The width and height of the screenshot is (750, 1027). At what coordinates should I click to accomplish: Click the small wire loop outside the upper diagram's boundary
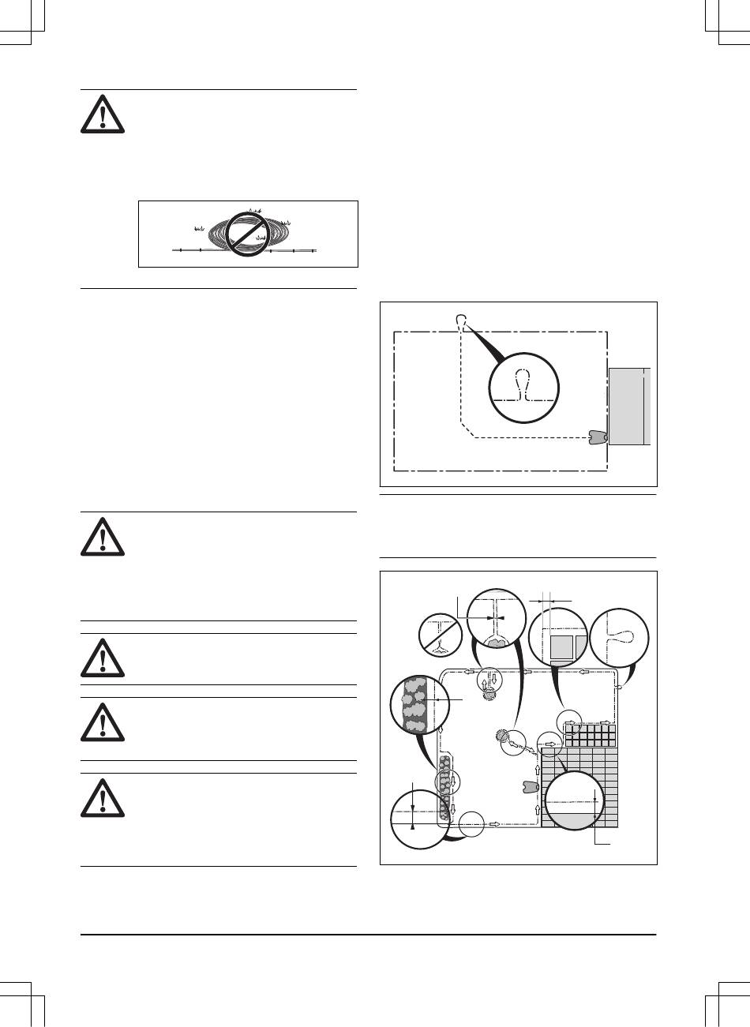[461, 320]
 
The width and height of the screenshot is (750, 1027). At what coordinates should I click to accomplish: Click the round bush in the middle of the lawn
[502, 736]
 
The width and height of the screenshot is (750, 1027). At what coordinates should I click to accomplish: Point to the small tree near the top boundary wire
[490, 692]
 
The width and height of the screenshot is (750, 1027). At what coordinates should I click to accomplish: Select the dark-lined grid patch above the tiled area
[588, 737]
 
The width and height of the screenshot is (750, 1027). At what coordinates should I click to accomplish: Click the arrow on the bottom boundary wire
[495, 823]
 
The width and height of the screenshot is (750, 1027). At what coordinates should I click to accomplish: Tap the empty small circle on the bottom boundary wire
[472, 823]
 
